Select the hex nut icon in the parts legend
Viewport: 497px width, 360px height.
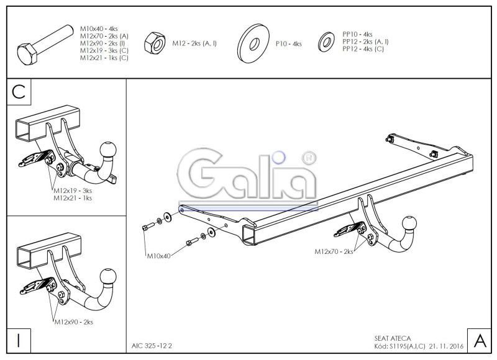(155, 43)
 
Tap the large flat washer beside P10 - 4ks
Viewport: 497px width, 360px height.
(253, 43)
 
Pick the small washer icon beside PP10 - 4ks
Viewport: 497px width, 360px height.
(326, 42)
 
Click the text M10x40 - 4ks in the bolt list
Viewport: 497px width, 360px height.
(99, 29)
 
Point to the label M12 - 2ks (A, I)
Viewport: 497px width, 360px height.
(194, 43)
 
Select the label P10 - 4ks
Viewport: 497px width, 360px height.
(288, 43)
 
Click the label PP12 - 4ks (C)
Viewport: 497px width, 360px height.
(363, 49)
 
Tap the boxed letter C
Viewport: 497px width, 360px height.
(19, 92)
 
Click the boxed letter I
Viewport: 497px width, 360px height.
(19, 341)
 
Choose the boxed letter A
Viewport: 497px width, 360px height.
(480, 341)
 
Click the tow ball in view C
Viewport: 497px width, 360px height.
(107, 150)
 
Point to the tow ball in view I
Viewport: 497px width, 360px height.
(108, 277)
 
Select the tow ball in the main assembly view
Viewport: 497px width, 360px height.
(410, 224)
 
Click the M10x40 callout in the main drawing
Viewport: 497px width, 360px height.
(158, 256)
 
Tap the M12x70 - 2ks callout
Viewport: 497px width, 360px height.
(334, 252)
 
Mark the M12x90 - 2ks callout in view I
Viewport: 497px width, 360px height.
(73, 322)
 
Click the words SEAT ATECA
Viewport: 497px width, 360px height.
(393, 338)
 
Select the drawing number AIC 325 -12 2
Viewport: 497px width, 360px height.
(152, 346)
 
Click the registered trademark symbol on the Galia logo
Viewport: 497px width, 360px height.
(308, 158)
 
